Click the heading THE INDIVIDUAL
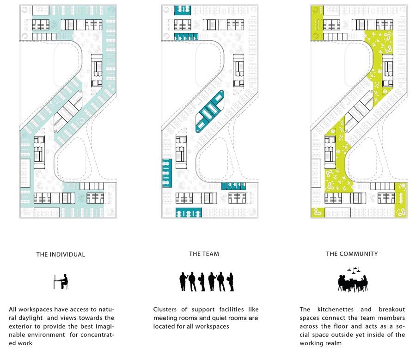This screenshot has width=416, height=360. (x=61, y=254)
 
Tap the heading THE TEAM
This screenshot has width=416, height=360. (x=204, y=254)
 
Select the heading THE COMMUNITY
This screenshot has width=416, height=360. (x=352, y=254)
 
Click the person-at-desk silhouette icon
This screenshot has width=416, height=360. (x=61, y=282)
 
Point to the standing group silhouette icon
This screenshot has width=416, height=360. (x=207, y=282)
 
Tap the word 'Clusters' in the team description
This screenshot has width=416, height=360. (x=165, y=310)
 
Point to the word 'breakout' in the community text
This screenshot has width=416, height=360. (x=392, y=310)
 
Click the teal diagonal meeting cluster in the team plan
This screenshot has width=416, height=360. (x=210, y=112)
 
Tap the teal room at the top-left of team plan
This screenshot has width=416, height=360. (x=182, y=10)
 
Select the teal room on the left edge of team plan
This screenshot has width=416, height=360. (x=167, y=173)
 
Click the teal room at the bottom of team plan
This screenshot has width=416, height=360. (x=189, y=213)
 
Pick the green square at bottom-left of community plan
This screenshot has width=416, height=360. (x=318, y=212)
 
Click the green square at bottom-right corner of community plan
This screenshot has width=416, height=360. (x=401, y=200)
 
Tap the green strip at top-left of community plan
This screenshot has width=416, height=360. (x=317, y=23)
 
